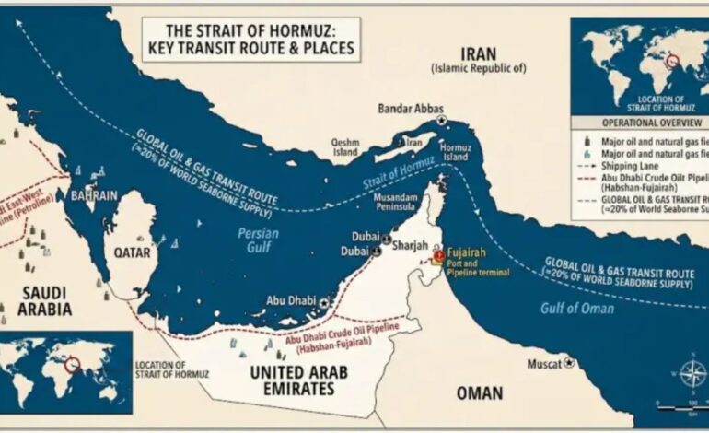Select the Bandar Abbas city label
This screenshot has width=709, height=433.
[406, 109]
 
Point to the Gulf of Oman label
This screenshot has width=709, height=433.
[578, 308]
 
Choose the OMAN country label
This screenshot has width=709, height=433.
[480, 393]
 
